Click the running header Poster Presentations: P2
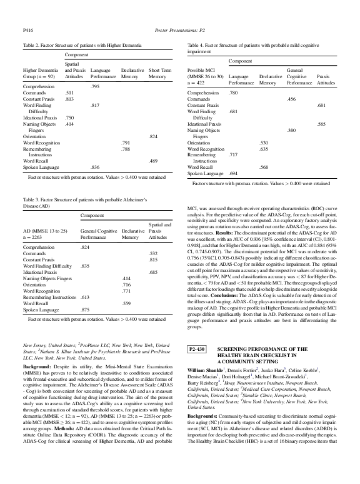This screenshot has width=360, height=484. point(179,29)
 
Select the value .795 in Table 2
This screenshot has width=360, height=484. point(95,86)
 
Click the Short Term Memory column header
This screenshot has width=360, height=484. point(157,73)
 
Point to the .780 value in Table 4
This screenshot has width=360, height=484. point(233,93)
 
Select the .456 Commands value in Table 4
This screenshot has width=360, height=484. point(291,99)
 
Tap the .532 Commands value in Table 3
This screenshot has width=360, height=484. point(153,253)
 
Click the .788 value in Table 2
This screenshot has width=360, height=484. point(126,149)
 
